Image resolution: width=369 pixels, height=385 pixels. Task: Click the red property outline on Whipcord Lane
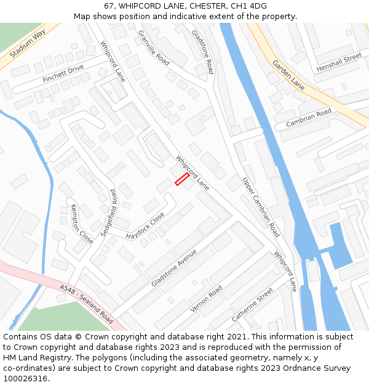(x=182, y=179)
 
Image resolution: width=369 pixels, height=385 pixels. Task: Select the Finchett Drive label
(x=63, y=75)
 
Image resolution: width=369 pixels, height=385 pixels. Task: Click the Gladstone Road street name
(x=202, y=51)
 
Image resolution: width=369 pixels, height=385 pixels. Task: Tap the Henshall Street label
(x=339, y=63)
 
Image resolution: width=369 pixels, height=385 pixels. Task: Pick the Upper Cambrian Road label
(x=261, y=208)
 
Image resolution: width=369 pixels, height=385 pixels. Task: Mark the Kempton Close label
(x=82, y=224)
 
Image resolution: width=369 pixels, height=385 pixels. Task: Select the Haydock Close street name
(x=146, y=226)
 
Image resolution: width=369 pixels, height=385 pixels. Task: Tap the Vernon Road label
(x=206, y=298)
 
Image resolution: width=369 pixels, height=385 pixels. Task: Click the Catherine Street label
(x=252, y=304)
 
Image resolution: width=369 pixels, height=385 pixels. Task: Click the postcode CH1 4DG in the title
(x=249, y=6)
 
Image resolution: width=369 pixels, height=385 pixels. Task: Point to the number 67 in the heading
(x=109, y=6)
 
